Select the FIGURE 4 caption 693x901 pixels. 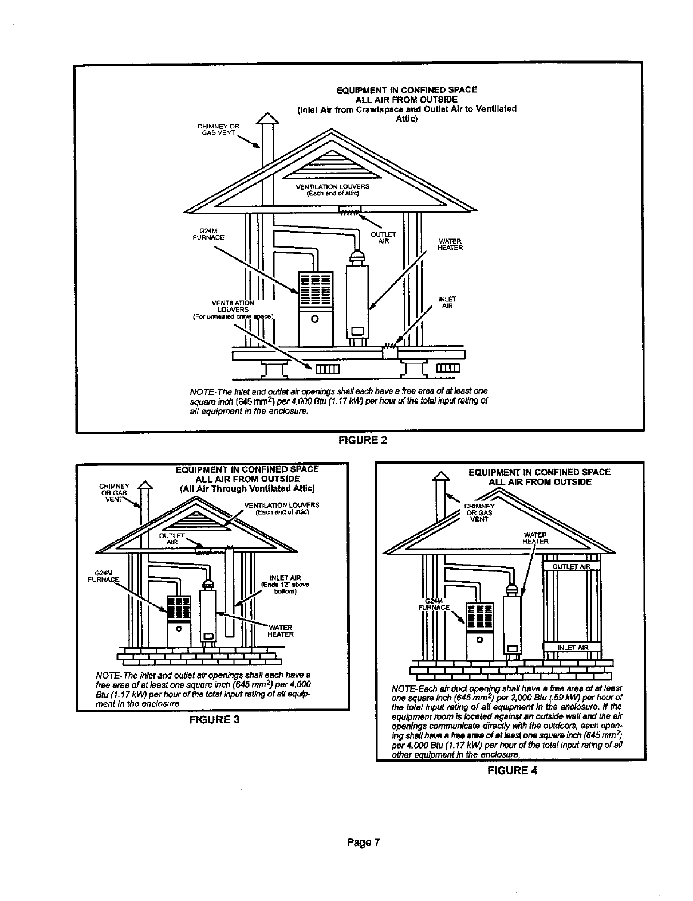[512, 770]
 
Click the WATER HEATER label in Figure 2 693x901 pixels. [450, 244]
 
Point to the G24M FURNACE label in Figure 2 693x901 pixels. [208, 234]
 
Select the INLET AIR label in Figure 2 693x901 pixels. [447, 303]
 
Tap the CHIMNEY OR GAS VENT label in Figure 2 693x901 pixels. [218, 130]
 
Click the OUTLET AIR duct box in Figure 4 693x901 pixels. [571, 567]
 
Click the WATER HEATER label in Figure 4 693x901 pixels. [536, 538]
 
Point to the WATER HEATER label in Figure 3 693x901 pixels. [281, 630]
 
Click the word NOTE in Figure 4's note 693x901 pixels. [402, 688]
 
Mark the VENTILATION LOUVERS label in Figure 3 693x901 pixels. [281, 508]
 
